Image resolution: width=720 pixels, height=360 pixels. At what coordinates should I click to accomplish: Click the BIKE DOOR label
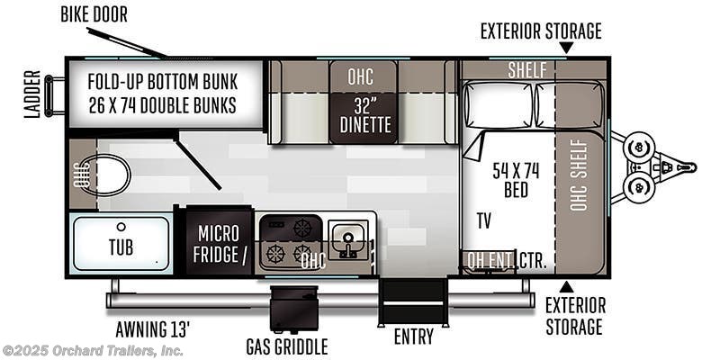tap(94, 15)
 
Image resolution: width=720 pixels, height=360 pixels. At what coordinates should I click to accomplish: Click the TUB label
tap(121, 247)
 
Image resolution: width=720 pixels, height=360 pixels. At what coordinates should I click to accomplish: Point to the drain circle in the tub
tap(121, 227)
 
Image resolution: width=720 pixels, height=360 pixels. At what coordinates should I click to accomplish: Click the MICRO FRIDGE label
tap(218, 244)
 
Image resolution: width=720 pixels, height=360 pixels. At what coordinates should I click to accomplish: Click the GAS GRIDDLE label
tap(287, 346)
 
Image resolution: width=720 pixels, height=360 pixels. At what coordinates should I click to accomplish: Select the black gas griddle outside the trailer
tap(294, 309)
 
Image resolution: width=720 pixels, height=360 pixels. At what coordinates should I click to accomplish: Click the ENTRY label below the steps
tap(413, 337)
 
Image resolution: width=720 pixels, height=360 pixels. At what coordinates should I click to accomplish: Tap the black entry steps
tap(413, 301)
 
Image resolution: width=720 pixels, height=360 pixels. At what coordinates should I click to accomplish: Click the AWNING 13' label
tap(152, 328)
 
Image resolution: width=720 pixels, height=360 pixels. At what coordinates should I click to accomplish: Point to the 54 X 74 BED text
tap(516, 180)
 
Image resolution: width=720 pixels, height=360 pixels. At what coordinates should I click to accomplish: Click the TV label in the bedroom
tap(483, 220)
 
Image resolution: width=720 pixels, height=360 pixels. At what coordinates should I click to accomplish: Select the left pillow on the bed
tap(499, 105)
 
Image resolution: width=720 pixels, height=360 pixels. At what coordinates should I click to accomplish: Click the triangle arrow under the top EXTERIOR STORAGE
tap(566, 48)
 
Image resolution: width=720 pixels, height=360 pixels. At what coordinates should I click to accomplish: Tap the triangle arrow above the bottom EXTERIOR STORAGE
tap(566, 286)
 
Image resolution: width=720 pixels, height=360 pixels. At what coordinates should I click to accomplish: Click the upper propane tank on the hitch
tap(638, 148)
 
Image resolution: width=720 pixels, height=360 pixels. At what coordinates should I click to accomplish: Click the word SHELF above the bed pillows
tap(527, 70)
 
